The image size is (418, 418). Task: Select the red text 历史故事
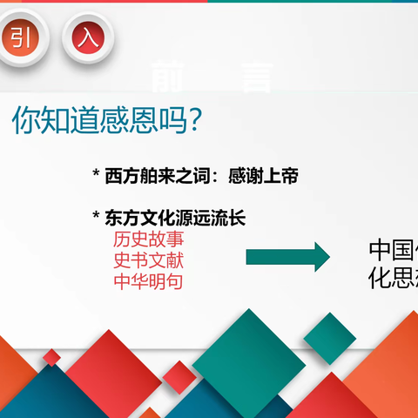click(x=148, y=239)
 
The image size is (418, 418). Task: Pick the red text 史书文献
click(x=148, y=260)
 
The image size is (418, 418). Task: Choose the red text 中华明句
click(x=148, y=280)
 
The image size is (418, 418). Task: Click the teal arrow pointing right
click(x=287, y=257)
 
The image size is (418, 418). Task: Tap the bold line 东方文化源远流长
click(x=174, y=218)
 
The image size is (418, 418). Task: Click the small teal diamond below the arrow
click(x=329, y=339)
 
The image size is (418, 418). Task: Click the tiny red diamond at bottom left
click(x=52, y=357)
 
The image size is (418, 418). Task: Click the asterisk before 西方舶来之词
click(x=96, y=176)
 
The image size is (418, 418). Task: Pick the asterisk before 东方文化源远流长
click(x=96, y=218)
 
